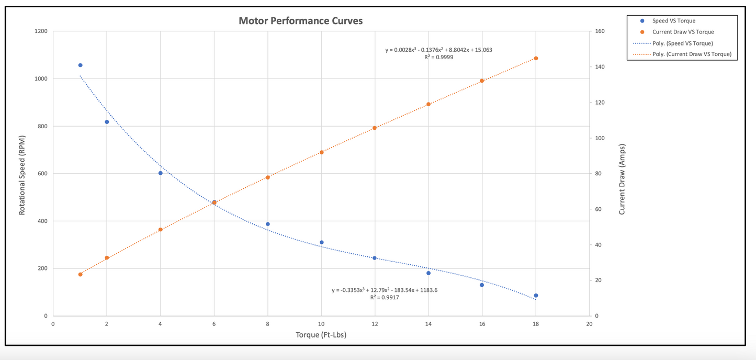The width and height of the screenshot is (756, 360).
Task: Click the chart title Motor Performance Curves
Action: (300, 21)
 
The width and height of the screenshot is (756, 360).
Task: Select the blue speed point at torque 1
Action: (80, 65)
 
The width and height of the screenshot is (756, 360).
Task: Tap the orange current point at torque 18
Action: (536, 58)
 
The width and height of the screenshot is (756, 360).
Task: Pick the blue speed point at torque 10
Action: (321, 242)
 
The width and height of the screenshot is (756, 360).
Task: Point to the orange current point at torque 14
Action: (428, 104)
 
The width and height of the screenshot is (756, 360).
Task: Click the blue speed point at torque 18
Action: (536, 296)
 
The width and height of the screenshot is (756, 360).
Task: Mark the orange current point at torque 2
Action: (107, 258)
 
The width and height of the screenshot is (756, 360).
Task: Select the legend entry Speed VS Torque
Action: (673, 21)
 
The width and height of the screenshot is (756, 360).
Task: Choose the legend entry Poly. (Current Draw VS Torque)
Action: (692, 54)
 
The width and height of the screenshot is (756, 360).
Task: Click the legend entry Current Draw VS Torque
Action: (682, 32)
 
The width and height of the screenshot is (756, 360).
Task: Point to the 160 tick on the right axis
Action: (600, 31)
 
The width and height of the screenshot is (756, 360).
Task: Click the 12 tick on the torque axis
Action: (375, 324)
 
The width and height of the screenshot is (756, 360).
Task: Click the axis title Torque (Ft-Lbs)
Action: (321, 335)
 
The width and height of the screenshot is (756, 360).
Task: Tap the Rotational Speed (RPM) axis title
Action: (22, 173)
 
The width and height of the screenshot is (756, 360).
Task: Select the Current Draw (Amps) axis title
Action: (622, 179)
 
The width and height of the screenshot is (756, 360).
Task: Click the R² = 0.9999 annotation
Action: (438, 58)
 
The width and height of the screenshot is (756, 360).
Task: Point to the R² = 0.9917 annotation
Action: (385, 297)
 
